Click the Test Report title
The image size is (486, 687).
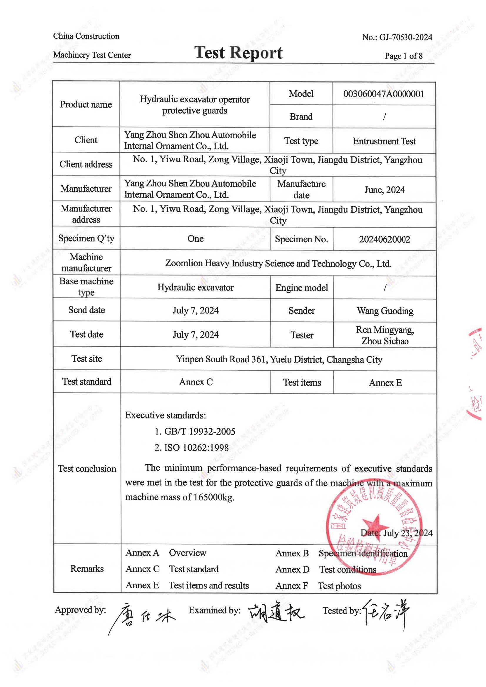coord(238,53)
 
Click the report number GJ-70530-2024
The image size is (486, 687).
coord(405,37)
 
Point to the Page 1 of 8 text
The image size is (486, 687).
coord(403,56)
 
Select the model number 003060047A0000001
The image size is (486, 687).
coord(384,94)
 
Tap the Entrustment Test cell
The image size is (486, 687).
coord(384,141)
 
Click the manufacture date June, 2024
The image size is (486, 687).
coord(384,190)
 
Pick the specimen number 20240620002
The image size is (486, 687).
coord(385,239)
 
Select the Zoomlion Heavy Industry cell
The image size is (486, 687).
coord(278,264)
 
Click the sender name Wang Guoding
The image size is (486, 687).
coord(385,311)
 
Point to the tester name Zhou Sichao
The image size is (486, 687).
coord(385,341)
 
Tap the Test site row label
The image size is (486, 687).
coord(86,358)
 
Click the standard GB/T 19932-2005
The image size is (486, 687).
coord(200,431)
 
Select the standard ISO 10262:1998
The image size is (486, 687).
coord(196,448)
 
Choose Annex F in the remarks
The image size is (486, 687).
coord(291,586)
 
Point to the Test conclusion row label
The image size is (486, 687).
coord(87,468)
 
